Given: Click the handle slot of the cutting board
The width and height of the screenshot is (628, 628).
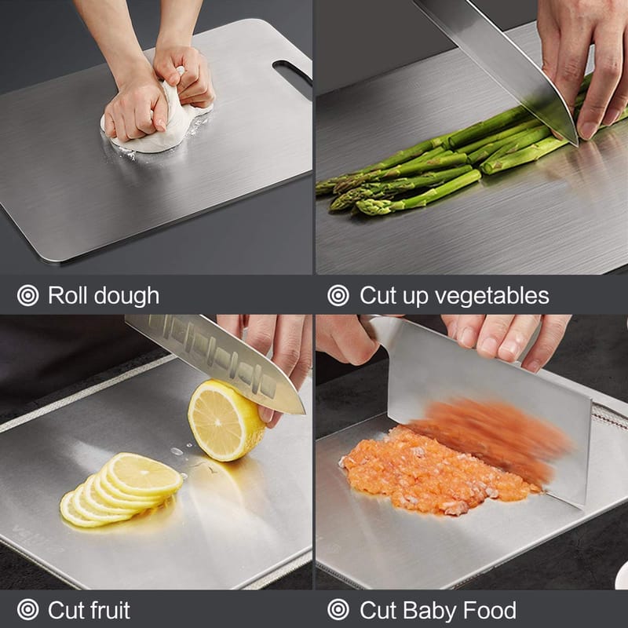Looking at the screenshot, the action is click(x=292, y=71).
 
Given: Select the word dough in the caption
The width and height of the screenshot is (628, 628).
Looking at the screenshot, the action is click(x=126, y=297).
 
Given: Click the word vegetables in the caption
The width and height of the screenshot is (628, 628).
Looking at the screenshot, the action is click(x=492, y=297).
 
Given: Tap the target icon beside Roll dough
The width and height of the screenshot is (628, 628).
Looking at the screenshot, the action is click(x=28, y=296).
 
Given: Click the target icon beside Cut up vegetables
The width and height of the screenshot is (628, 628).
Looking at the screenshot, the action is click(x=338, y=296).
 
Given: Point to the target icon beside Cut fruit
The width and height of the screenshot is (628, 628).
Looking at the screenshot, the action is click(x=28, y=610).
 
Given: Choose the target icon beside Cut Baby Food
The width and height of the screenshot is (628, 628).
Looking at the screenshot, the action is click(x=338, y=610).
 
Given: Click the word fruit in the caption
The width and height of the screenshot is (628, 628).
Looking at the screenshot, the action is click(x=109, y=610).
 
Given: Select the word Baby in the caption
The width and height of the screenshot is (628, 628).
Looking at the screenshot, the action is click(x=429, y=611).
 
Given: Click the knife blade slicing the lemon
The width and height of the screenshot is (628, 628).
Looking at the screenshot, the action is click(x=217, y=359).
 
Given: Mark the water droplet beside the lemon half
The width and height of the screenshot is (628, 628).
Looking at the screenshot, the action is click(x=177, y=451).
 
